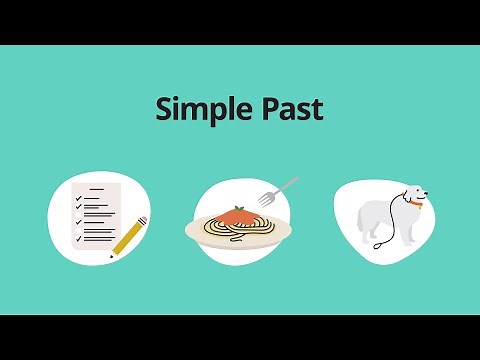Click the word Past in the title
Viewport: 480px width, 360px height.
(x=290, y=108)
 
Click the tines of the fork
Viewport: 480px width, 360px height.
(x=290, y=184)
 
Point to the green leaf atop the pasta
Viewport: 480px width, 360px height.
(x=238, y=207)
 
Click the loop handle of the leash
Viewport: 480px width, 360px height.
(x=377, y=244)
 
